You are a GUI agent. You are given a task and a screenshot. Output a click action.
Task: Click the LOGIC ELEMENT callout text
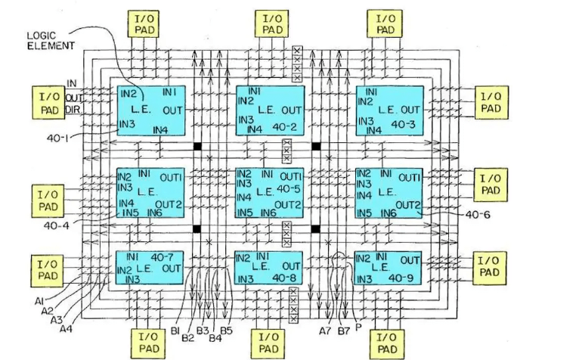(x=51, y=41)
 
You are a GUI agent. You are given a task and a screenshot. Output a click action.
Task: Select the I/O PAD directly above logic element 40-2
(x=270, y=23)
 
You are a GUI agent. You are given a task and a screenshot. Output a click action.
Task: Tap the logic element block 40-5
(x=270, y=193)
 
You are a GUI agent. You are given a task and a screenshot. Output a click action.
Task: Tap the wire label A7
(x=324, y=331)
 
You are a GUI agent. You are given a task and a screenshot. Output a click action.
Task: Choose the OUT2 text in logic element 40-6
(x=409, y=204)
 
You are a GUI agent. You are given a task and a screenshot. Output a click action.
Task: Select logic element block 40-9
(x=389, y=268)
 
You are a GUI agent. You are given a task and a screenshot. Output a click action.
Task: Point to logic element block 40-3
(x=389, y=110)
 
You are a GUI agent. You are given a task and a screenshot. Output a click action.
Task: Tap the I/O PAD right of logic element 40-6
(x=491, y=185)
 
